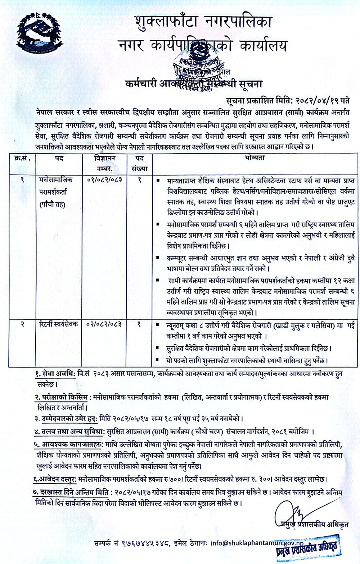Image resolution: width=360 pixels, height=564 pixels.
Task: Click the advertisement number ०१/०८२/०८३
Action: coord(104,179)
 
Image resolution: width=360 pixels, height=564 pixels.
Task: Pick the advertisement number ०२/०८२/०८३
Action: coord(104,325)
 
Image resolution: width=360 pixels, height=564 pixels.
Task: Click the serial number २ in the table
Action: coord(22,325)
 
